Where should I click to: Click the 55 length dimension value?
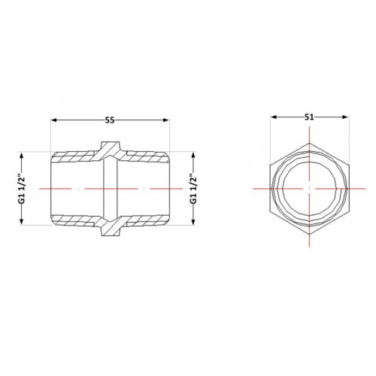(110, 120)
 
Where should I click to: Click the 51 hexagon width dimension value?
(309, 117)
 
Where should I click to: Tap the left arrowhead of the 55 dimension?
(54, 120)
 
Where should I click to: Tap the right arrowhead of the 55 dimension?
(166, 120)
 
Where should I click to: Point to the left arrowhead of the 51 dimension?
(274, 117)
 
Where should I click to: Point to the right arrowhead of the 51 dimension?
(345, 117)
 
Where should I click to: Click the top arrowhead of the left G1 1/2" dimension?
(21, 155)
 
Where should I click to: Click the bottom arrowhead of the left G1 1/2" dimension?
(21, 222)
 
